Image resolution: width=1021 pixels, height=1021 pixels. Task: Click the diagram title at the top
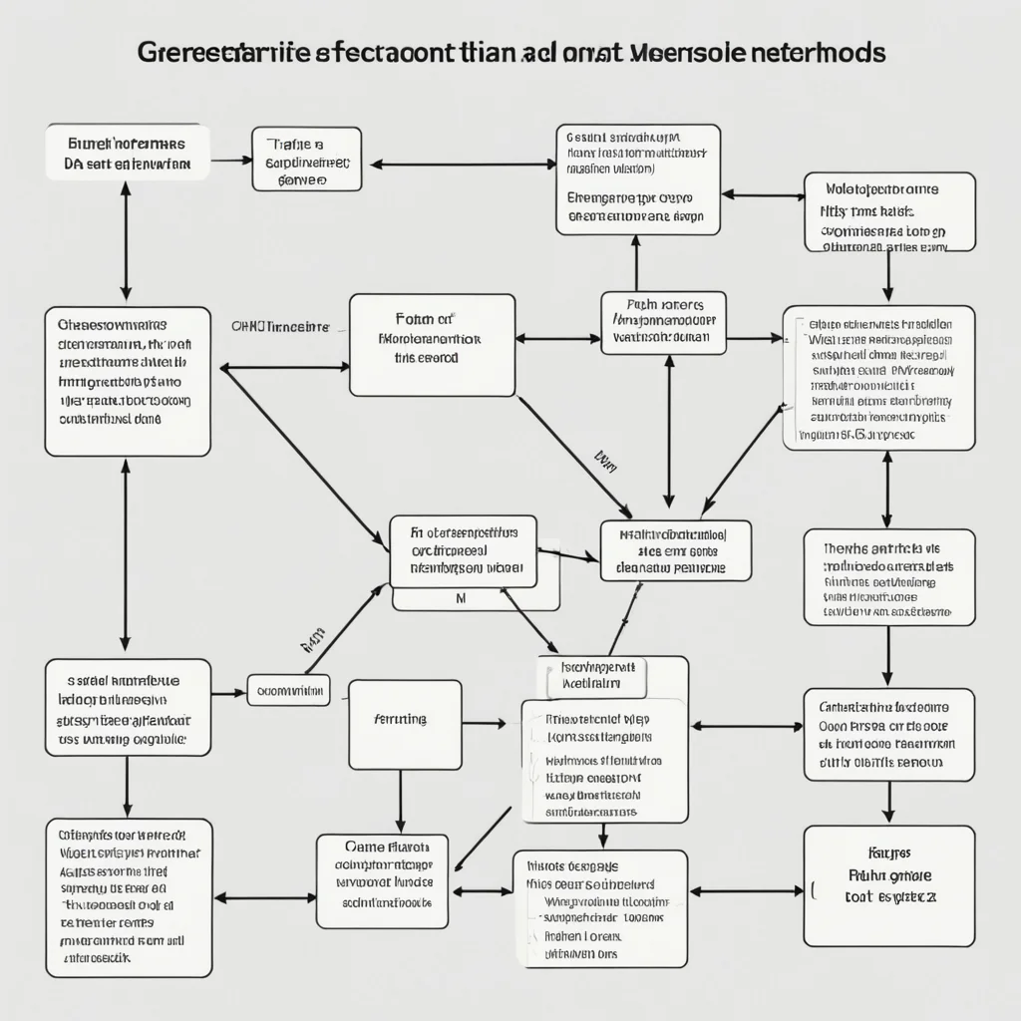[x=510, y=53]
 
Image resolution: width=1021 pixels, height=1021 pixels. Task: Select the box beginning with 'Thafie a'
[x=306, y=159]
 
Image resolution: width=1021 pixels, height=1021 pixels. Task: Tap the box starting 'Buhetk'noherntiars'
[x=128, y=152]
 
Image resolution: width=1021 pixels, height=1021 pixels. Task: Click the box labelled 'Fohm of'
[x=432, y=345]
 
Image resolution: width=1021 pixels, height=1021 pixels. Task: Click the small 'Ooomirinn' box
[x=288, y=689]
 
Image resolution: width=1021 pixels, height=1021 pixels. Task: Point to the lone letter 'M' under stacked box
[x=460, y=599]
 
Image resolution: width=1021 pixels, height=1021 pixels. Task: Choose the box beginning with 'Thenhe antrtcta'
[x=888, y=577]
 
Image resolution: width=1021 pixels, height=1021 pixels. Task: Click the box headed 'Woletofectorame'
[x=888, y=212]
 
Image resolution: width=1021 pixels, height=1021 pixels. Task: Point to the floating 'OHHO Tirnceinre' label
[x=281, y=326]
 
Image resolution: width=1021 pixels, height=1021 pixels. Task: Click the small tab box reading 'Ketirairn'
[x=592, y=676]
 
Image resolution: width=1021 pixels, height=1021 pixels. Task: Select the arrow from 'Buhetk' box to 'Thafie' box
[x=230, y=160]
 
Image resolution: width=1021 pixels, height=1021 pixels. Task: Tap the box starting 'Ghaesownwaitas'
[x=128, y=382]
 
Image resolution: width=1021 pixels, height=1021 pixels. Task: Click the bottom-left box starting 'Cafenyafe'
[x=128, y=897]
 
